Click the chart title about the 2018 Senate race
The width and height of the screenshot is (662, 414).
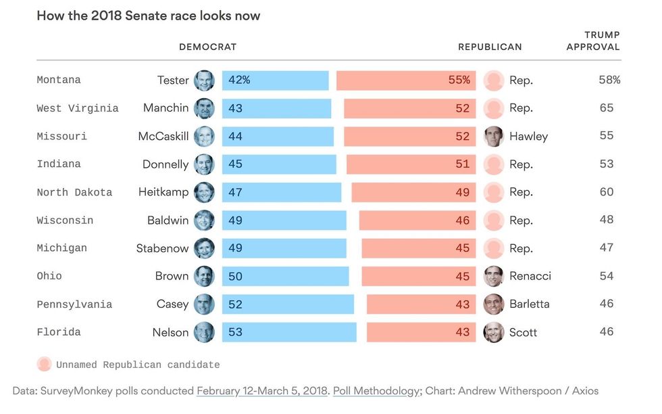point(148,16)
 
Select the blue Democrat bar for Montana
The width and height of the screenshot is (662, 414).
point(275,80)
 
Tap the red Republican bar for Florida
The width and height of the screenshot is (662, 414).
point(421,332)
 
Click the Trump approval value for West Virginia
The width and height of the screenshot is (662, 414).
point(607,108)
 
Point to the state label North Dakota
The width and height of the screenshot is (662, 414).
point(74,192)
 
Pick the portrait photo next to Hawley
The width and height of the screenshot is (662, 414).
point(494,136)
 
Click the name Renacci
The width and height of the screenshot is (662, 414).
point(530,276)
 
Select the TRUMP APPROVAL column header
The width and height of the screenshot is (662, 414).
point(593,41)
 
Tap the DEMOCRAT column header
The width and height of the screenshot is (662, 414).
point(207,47)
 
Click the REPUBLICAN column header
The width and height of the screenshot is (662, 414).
point(490,47)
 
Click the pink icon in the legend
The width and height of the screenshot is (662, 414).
point(44,365)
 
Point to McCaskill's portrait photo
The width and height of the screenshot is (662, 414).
point(204,136)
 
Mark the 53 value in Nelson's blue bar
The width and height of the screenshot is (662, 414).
point(235,332)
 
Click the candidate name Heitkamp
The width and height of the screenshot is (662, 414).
point(163,192)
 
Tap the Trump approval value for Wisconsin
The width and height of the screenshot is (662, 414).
point(607,220)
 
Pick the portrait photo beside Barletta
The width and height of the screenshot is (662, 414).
point(494,304)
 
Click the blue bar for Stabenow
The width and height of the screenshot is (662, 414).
point(284,248)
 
